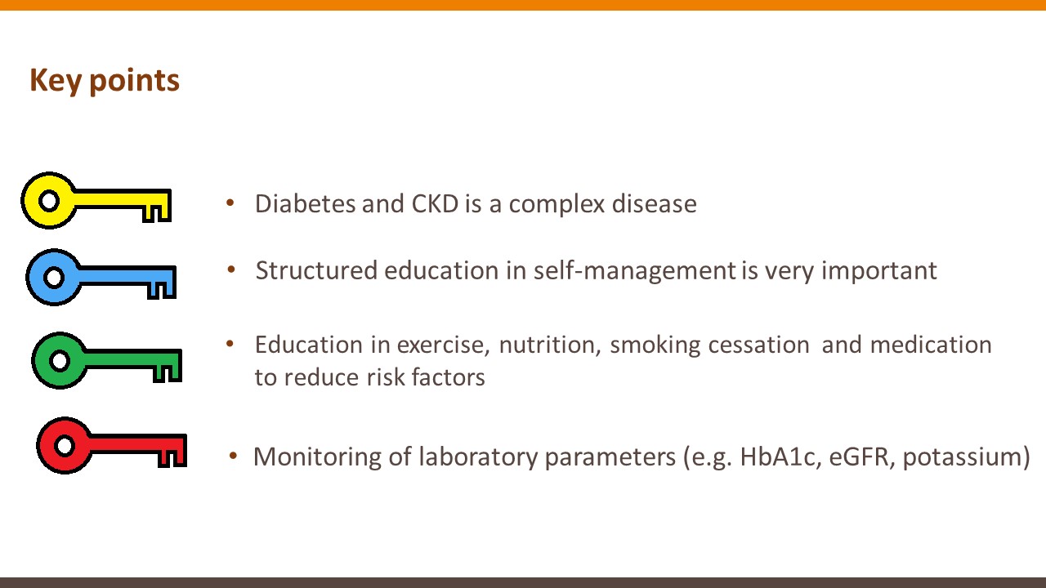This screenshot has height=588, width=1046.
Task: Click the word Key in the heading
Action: (56, 81)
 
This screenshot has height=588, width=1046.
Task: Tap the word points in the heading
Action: (135, 81)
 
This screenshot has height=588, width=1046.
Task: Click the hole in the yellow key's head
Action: (49, 201)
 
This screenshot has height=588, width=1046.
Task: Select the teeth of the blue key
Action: (162, 289)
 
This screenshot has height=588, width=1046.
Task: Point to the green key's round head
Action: (60, 361)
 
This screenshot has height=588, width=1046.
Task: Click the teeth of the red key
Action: (172, 457)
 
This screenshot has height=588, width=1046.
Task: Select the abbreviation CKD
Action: (435, 203)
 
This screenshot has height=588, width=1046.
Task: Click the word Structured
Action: (316, 270)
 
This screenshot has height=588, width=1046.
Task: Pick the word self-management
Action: (635, 270)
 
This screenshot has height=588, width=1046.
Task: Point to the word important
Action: (879, 270)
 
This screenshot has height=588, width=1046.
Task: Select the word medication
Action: (931, 345)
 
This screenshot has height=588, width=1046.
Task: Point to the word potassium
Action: (962, 457)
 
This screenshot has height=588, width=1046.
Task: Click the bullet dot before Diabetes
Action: (230, 203)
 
